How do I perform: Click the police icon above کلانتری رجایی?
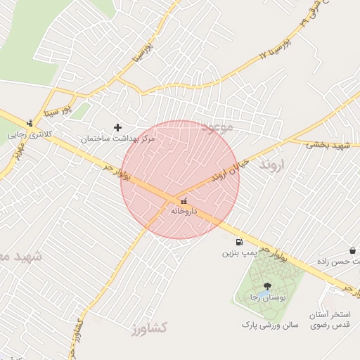(29, 122)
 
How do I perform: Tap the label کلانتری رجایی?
(27, 133)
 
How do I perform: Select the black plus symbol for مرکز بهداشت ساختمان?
(117, 127)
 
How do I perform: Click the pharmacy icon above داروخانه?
(184, 201)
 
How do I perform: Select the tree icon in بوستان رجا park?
(266, 285)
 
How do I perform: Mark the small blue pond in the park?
(262, 292)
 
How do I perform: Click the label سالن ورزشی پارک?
(271, 325)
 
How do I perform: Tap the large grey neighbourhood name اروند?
(274, 165)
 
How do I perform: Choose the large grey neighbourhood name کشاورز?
(148, 327)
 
